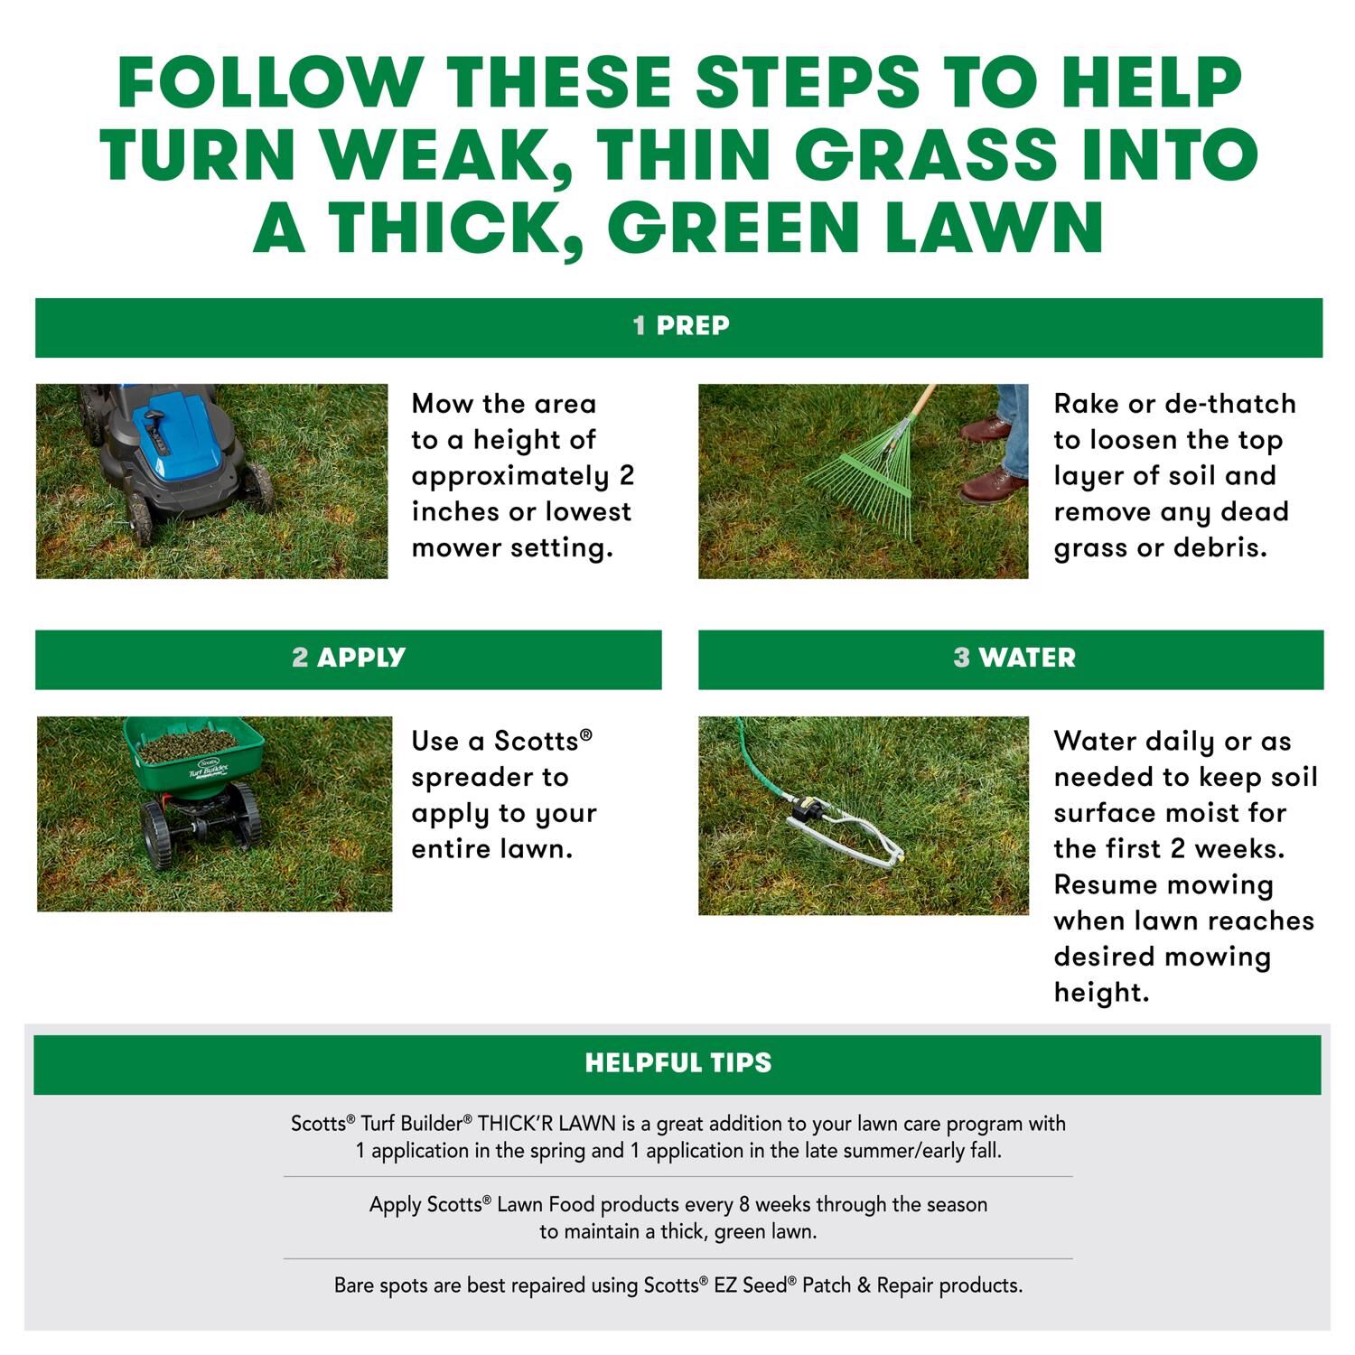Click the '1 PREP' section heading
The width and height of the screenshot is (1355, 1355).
[x=681, y=325]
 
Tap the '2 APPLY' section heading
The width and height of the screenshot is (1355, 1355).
[x=349, y=657]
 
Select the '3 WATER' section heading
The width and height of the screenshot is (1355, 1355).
[x=1014, y=657]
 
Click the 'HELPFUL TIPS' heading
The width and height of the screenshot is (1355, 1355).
[x=678, y=1062]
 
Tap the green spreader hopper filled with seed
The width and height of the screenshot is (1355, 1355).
[x=194, y=754]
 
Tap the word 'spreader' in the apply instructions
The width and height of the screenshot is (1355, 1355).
[x=490, y=779]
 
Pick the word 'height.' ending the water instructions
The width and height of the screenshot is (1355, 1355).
[x=1101, y=992]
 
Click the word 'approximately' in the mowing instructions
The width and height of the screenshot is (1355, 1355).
[x=510, y=477]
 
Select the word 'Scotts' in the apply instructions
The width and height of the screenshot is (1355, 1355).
[x=542, y=742]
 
